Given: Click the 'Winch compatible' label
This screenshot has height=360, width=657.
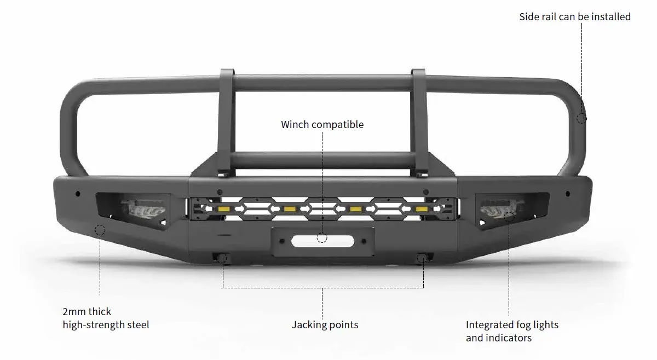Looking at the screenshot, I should (322, 125).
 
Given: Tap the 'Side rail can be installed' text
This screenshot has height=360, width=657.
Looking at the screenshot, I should (574, 17).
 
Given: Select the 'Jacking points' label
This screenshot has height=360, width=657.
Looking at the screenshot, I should (325, 325).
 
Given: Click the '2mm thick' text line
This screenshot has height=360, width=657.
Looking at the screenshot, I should (87, 312).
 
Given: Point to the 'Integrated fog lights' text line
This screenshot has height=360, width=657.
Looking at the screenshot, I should (512, 325).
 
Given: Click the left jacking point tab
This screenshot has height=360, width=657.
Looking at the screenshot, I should (222, 258).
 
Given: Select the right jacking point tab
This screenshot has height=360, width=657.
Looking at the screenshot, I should (422, 258).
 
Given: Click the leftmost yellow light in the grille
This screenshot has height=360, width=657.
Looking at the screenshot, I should (223, 210).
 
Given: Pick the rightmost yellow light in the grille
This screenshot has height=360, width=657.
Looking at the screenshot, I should (421, 210).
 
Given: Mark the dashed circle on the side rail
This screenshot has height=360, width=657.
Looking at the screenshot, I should (581, 118).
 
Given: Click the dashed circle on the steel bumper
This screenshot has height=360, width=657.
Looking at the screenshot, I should (100, 230).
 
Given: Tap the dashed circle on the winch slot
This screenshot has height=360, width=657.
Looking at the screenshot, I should (322, 238).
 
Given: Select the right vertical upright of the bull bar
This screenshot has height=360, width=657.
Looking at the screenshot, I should (419, 123).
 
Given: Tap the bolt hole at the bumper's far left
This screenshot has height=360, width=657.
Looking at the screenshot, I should (78, 194).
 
